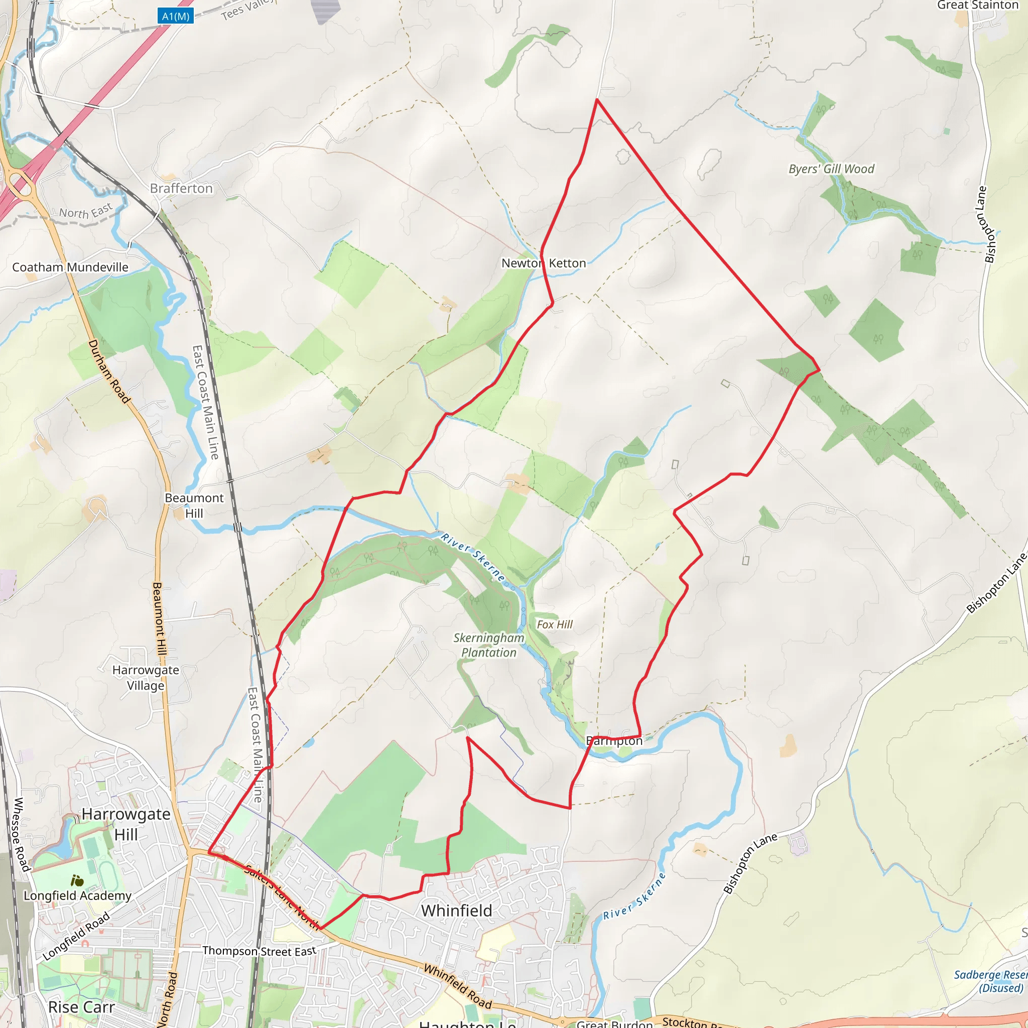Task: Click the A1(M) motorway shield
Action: coord(176,17)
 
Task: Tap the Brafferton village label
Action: coord(181,188)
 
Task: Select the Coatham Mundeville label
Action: coord(70,267)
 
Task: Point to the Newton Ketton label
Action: coord(543,263)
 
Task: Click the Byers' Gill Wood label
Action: coord(831,169)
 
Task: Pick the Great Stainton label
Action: coord(977,6)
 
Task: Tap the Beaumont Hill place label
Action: coord(194,505)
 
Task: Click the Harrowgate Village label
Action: coord(146,677)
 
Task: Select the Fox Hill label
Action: coord(555,624)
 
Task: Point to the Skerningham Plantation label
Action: coord(488,645)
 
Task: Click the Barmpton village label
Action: coord(614,741)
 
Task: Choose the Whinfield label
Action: coord(457,911)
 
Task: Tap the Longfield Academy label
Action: coord(78,895)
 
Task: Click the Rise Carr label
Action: coord(81,1007)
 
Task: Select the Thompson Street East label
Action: coord(259,950)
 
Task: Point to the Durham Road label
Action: coord(109,371)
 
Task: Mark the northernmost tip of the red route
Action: coord(597,99)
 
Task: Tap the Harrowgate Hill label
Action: coord(126,824)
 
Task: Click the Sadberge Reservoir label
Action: coord(990,981)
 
